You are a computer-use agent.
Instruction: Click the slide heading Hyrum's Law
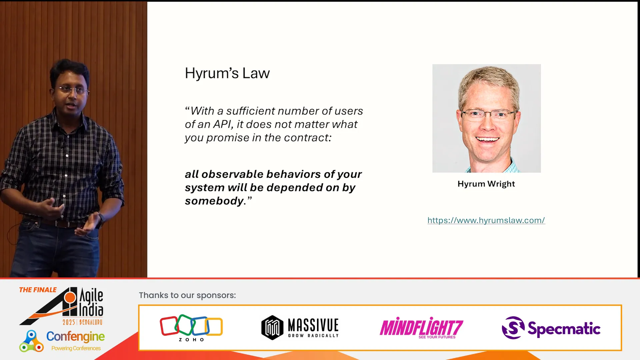[x=227, y=73]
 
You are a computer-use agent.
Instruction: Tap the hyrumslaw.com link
[x=486, y=220]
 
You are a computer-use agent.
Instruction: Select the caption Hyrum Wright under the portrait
[x=486, y=184]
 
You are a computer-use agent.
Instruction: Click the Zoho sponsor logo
[x=191, y=328]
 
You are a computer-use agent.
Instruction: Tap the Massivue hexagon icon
[x=272, y=328]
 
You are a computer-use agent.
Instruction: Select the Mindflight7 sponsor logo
[x=421, y=328]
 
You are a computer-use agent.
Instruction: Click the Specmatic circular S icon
[x=513, y=328]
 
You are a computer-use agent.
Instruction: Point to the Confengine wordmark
[x=75, y=337]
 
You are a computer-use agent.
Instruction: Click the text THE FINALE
[x=38, y=290]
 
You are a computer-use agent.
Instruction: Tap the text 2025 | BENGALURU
[x=82, y=322]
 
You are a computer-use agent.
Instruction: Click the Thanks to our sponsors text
[x=187, y=295]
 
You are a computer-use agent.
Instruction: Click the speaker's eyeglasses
[x=72, y=90]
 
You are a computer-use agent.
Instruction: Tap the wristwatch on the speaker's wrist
[x=101, y=218]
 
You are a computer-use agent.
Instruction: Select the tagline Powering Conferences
[x=76, y=348]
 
